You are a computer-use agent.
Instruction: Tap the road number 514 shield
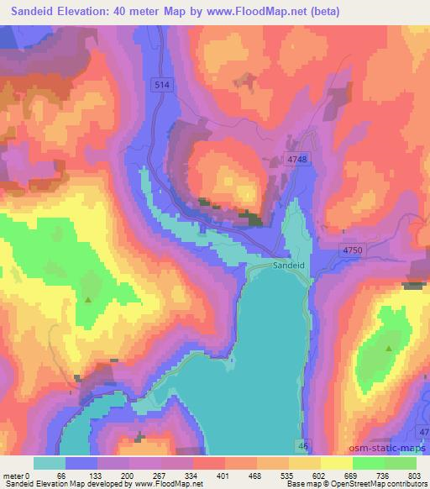click(163, 84)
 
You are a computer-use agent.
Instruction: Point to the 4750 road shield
click(354, 250)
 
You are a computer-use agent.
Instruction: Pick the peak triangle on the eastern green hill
click(388, 347)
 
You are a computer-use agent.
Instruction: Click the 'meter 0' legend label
click(18, 475)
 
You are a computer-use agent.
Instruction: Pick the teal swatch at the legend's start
click(50, 463)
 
